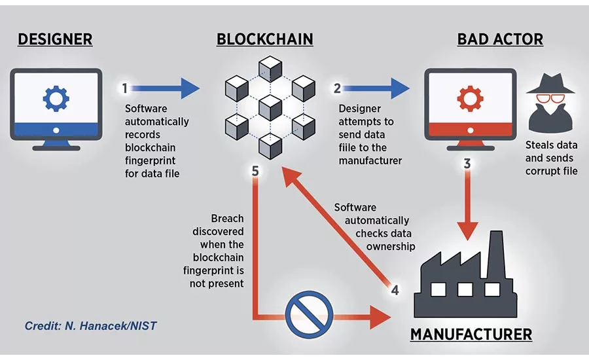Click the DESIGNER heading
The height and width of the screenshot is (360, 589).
(x=55, y=39)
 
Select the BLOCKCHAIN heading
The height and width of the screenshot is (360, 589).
(x=264, y=39)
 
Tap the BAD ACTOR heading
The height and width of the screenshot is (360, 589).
(x=500, y=39)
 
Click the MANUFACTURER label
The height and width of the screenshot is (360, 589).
(x=471, y=334)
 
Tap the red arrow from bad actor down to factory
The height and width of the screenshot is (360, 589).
(x=467, y=209)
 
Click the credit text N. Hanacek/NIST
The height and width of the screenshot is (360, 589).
(x=90, y=325)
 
